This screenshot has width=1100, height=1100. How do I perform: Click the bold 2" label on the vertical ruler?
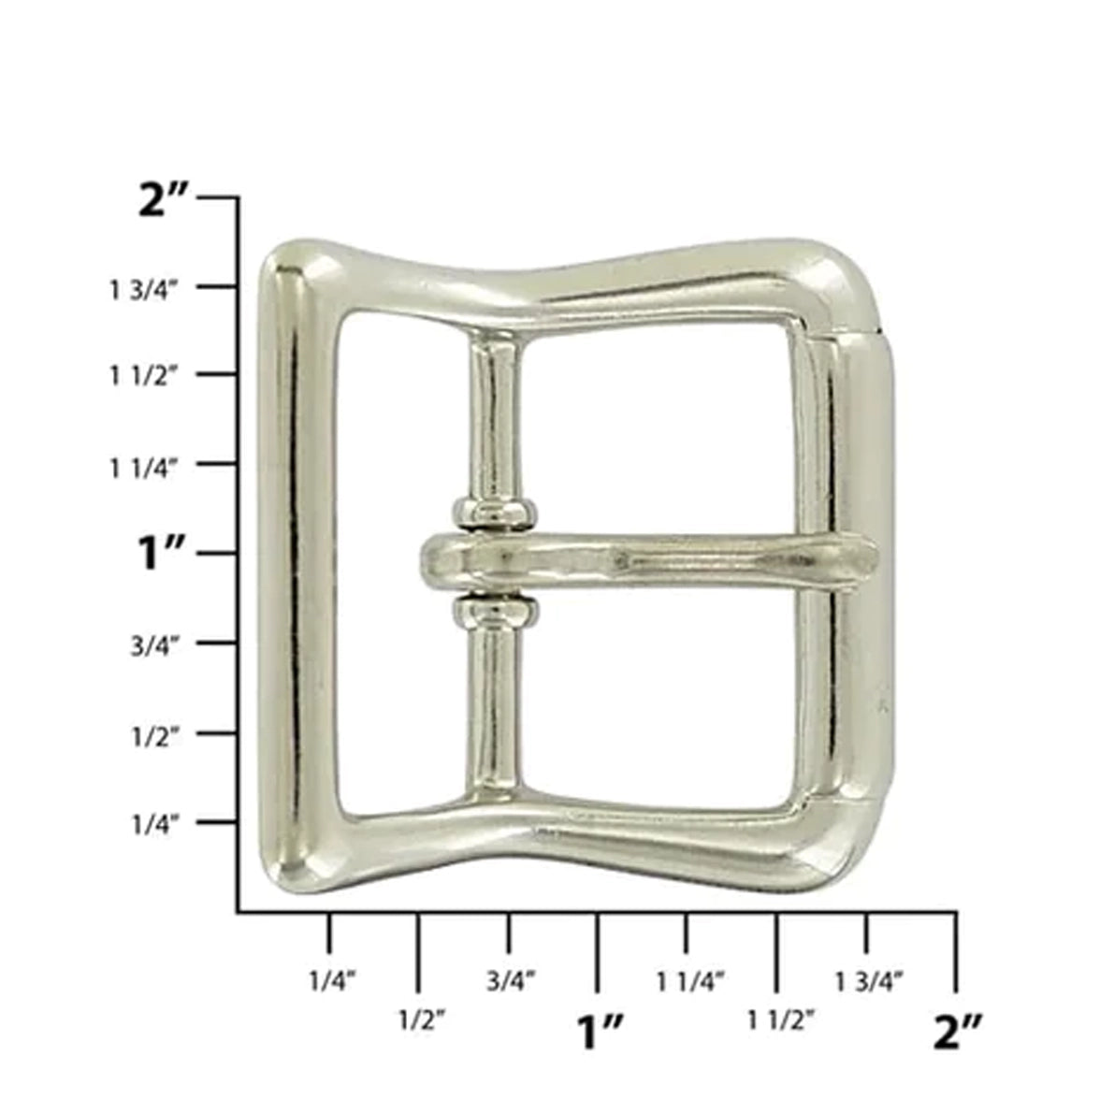point(165,201)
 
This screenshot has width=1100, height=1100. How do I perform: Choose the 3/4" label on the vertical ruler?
point(155,645)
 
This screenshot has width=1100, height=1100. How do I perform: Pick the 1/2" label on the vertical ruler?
point(155,735)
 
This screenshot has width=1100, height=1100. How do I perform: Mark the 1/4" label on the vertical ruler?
point(155,824)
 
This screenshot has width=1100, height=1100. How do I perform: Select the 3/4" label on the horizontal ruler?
point(512,981)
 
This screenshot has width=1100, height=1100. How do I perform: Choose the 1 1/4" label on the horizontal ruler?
point(691,981)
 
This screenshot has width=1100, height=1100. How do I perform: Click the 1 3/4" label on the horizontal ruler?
point(869,981)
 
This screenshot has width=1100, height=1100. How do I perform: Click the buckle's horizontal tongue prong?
point(655,561)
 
